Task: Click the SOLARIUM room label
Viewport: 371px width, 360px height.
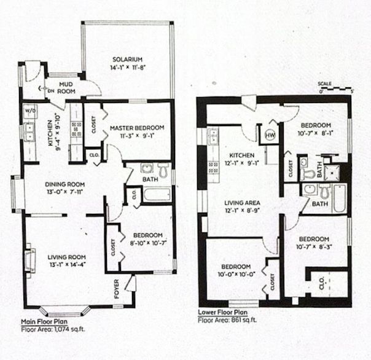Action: [x=127, y=60]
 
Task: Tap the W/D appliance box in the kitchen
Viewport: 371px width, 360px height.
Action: [x=30, y=111]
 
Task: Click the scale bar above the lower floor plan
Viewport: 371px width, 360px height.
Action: [x=335, y=88]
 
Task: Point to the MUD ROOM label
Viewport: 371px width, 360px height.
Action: [x=66, y=88]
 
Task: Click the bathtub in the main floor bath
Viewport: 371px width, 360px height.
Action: [x=157, y=195]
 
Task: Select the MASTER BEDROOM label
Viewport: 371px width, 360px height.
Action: [x=137, y=128]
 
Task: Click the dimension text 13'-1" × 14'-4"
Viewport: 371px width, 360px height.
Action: [x=68, y=264]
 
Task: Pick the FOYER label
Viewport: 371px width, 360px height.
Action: [x=117, y=289]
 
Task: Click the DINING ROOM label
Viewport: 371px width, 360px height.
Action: [x=65, y=184]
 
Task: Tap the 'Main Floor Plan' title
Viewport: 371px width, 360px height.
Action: [x=44, y=322]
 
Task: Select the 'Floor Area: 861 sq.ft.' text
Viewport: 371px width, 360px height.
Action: [x=227, y=320]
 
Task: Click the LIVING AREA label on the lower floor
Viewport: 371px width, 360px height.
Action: [x=242, y=203]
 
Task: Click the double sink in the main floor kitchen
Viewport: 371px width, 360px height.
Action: [x=29, y=132]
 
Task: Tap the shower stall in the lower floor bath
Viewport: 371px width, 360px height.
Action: [x=332, y=173]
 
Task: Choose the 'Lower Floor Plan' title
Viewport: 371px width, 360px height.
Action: [x=222, y=312]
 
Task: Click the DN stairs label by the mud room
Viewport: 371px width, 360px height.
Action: [x=51, y=91]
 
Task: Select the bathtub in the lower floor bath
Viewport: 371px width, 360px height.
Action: [x=340, y=198]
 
